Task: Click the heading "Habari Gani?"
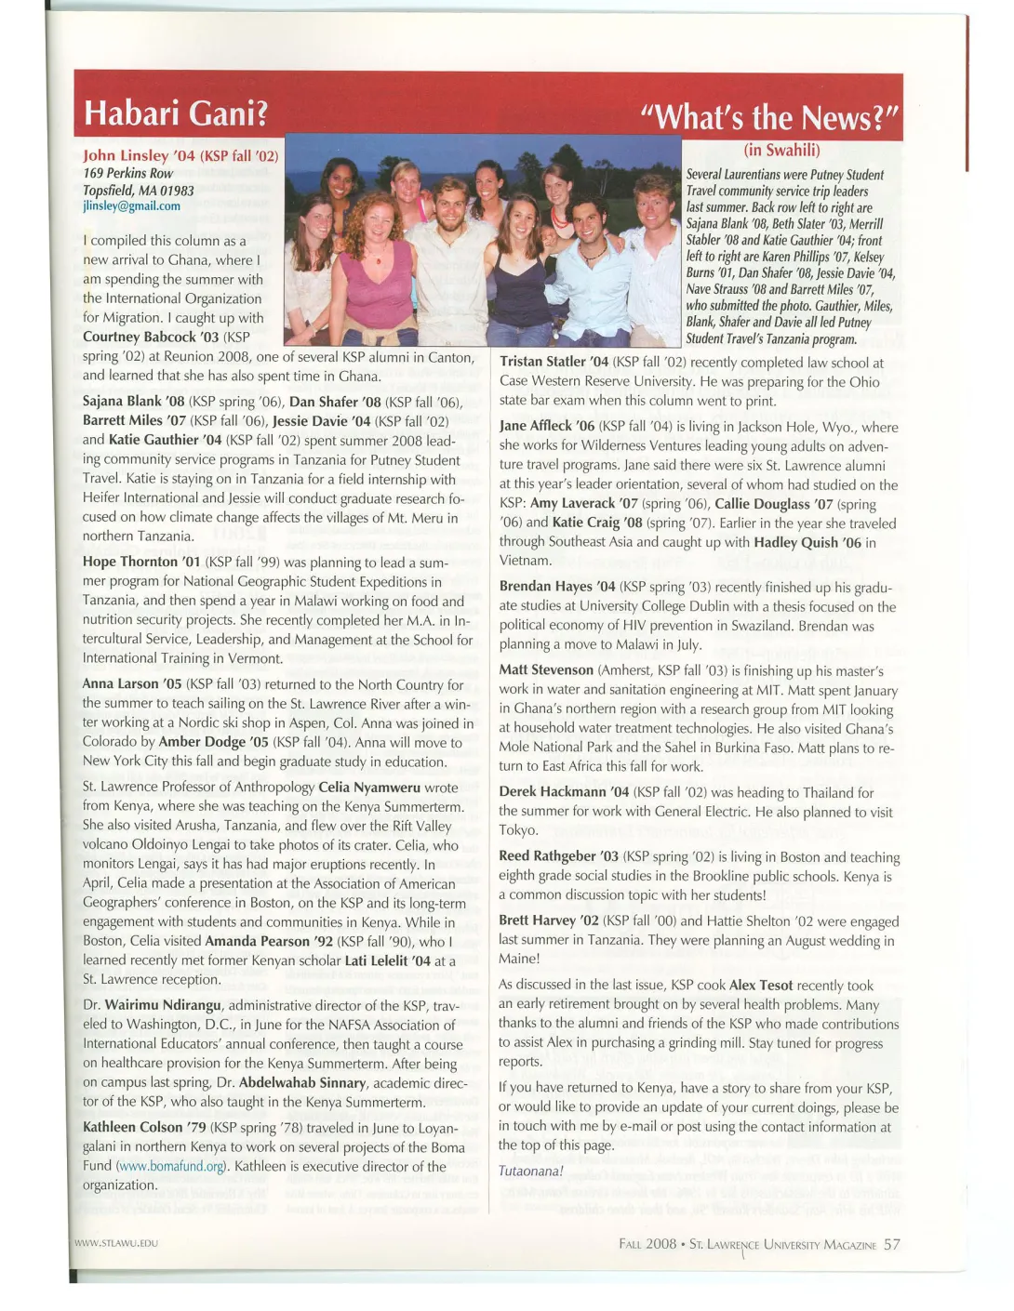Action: tap(176, 113)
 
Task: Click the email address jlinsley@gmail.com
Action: tap(131, 205)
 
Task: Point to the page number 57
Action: tap(892, 1244)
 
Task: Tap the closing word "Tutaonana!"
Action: tap(531, 1171)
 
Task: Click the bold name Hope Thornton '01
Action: tap(142, 562)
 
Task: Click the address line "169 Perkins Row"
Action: tap(127, 173)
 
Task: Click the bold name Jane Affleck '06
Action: tap(546, 427)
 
